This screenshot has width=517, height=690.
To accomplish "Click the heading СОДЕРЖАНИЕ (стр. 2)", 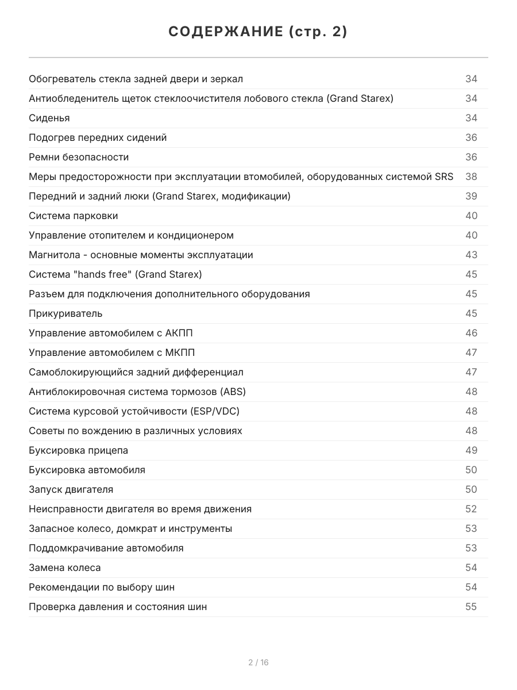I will point(258,32).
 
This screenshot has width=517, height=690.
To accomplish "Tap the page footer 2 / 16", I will point(258,662).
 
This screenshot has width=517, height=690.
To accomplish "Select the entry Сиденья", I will point(49,118).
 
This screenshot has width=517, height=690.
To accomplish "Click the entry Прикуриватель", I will point(65,313).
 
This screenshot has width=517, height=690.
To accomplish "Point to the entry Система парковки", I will point(74,216).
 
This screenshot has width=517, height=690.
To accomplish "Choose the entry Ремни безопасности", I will point(79,157).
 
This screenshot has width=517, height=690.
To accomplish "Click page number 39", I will point(471,196).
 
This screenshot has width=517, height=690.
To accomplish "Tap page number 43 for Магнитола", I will point(471,255).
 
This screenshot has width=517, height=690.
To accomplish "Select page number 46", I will point(471,333).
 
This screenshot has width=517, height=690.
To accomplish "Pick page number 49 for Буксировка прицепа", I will point(471,450).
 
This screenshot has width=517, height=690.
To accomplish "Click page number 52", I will point(471,509).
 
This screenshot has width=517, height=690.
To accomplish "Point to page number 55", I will point(471,607).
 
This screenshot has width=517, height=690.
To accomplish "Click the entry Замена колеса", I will point(65,568).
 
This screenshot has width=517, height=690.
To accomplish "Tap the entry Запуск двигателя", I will point(71,489).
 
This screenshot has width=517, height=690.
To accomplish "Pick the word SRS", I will point(444,177).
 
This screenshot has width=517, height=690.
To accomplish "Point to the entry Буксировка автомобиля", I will point(87,470).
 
